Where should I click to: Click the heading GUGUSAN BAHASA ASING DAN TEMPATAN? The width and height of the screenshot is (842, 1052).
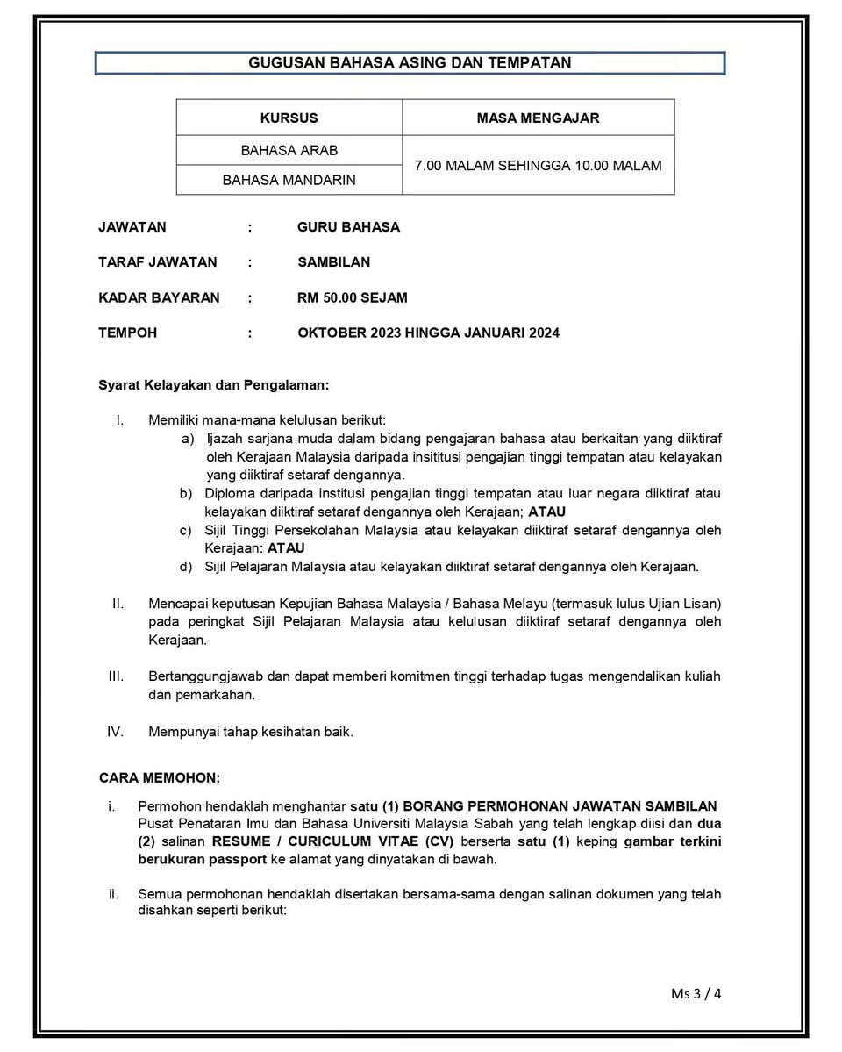pyautogui.click(x=410, y=63)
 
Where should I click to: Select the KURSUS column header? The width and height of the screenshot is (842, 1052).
pyautogui.click(x=289, y=118)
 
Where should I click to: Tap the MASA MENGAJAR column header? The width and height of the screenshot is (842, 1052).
pyautogui.click(x=538, y=118)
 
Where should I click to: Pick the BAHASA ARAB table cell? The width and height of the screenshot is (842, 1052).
pyautogui.click(x=289, y=150)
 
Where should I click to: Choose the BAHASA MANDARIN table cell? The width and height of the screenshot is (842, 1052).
pyautogui.click(x=289, y=180)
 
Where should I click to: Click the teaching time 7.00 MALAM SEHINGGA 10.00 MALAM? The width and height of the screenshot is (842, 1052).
pyautogui.click(x=538, y=165)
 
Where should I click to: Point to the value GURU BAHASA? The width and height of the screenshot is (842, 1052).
pyautogui.click(x=348, y=227)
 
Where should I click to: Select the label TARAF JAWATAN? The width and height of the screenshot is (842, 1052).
pyautogui.click(x=158, y=262)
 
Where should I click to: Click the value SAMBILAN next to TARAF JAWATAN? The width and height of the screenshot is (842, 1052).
pyautogui.click(x=333, y=262)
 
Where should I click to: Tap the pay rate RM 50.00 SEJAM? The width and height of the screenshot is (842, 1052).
pyautogui.click(x=352, y=297)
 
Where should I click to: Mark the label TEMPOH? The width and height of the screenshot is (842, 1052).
pyautogui.click(x=128, y=333)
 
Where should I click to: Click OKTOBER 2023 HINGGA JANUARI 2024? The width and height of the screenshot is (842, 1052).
pyautogui.click(x=428, y=333)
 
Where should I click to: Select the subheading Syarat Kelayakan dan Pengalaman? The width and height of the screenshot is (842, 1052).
pyautogui.click(x=214, y=384)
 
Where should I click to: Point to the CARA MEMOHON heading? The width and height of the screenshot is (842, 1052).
pyautogui.click(x=160, y=777)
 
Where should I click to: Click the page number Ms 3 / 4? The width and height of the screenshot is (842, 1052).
pyautogui.click(x=696, y=993)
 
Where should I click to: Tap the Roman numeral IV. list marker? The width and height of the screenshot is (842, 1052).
pyautogui.click(x=116, y=732)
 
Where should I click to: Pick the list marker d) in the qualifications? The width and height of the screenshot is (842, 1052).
pyautogui.click(x=186, y=567)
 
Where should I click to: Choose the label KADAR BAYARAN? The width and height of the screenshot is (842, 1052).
pyautogui.click(x=160, y=297)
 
